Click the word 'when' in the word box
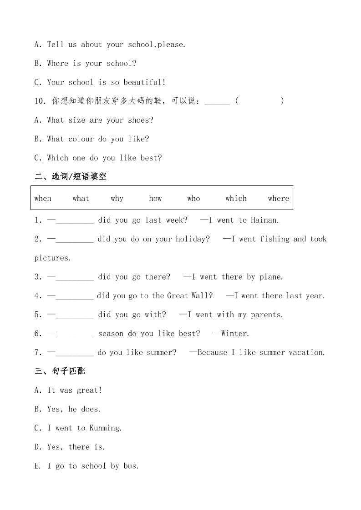[x=43, y=198]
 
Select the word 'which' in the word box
[x=236, y=198]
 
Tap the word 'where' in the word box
[x=279, y=198]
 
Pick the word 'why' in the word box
[x=117, y=198]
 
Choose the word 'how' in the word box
[x=155, y=198]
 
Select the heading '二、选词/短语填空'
[x=71, y=176]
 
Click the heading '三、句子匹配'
[x=60, y=371]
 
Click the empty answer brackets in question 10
[x=260, y=101]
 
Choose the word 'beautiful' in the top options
[x=143, y=82]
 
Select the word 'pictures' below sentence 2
[x=52, y=258]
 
